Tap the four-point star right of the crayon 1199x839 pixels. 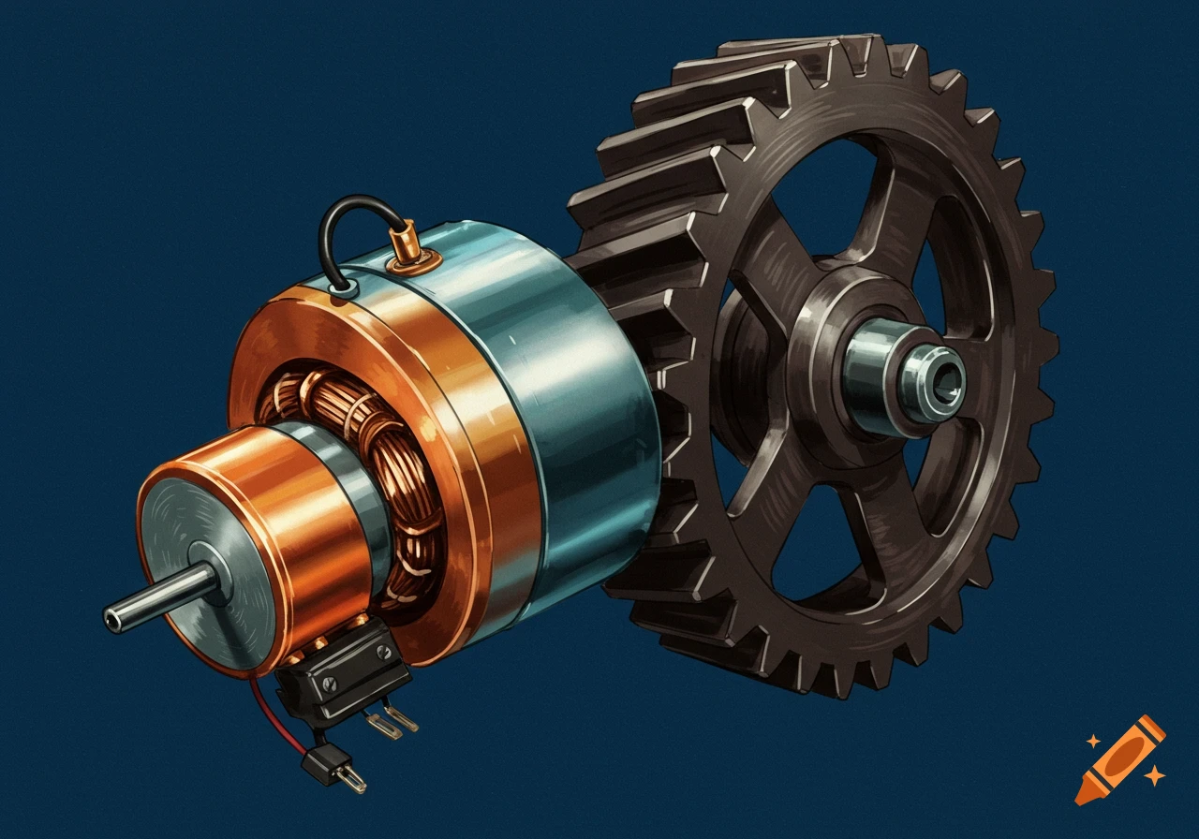(1155, 775)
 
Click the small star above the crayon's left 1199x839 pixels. (1092, 742)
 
